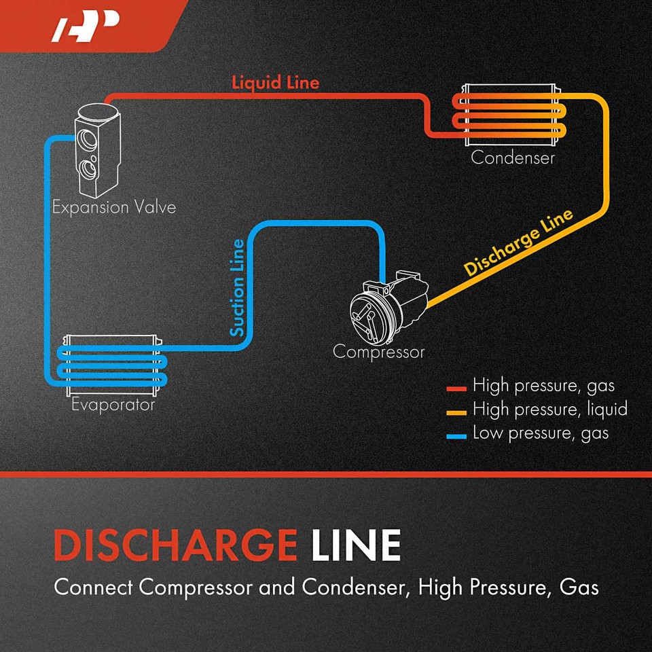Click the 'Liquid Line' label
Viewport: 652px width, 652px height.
[275, 83]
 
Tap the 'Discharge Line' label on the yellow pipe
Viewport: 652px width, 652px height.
[519, 242]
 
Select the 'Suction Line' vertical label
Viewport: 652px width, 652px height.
[237, 287]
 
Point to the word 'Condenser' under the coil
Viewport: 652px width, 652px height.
[513, 158]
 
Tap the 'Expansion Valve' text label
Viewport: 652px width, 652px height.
[114, 207]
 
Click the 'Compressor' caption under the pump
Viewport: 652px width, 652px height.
[378, 352]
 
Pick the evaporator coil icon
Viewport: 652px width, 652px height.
[113, 365]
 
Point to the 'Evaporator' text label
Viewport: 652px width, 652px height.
[113, 405]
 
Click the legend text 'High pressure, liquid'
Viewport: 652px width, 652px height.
[549, 410]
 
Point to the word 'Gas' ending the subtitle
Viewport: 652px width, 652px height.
[579, 587]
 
